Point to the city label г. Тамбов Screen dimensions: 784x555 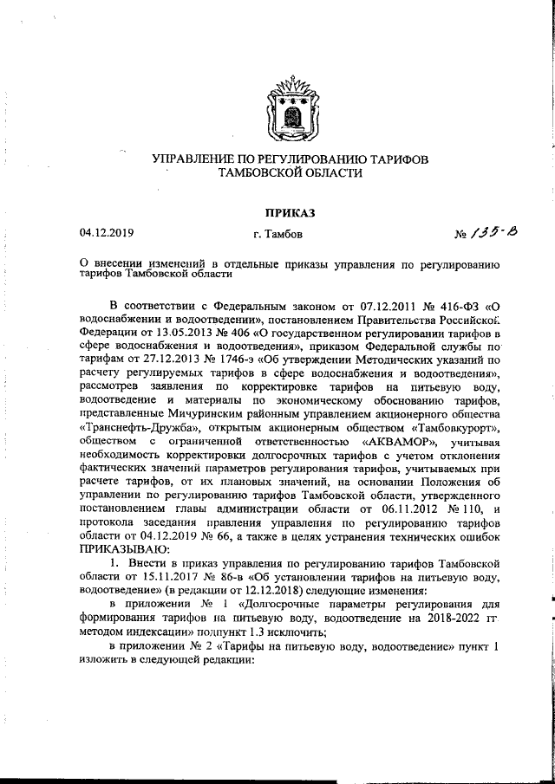[x=278, y=234]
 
